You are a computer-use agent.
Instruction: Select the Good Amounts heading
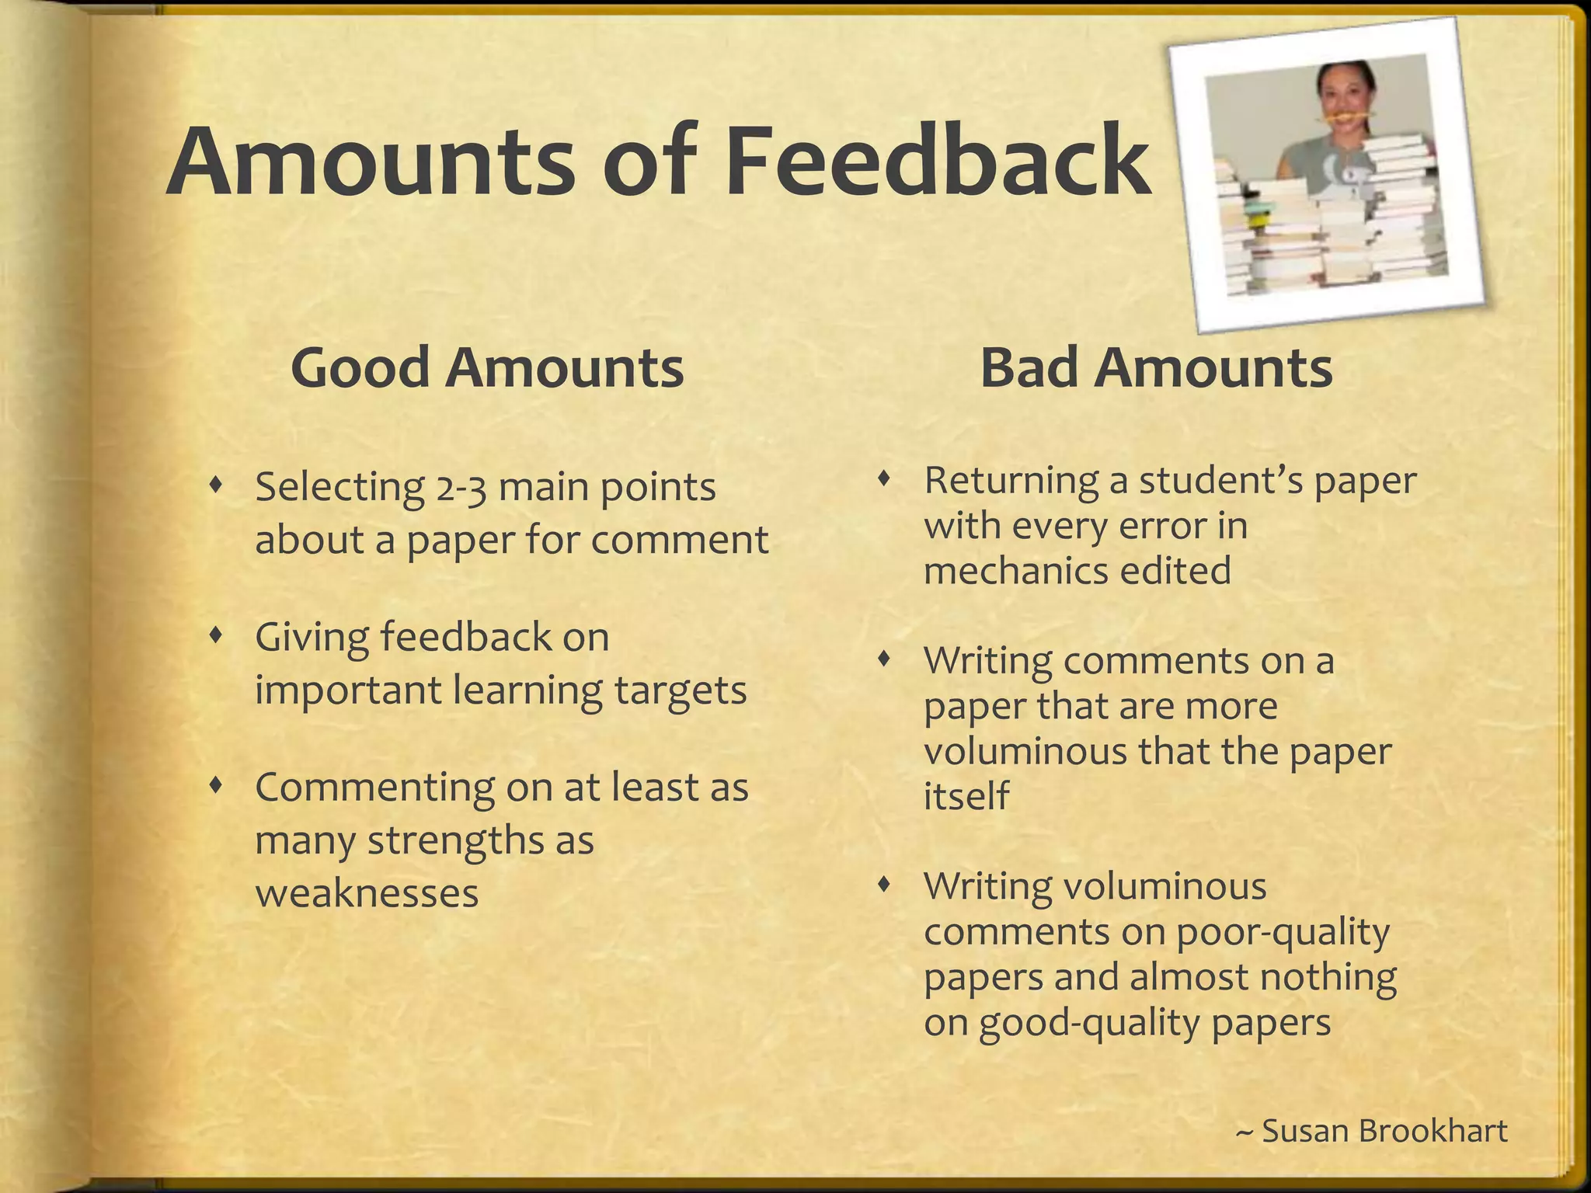point(487,367)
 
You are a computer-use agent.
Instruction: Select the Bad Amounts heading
point(1156,367)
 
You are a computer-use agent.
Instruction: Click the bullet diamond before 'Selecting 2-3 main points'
point(217,486)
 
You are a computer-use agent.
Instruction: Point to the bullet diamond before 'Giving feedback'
point(217,636)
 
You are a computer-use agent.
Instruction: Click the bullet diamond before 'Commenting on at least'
point(217,786)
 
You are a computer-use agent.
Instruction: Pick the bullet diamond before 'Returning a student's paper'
point(883,479)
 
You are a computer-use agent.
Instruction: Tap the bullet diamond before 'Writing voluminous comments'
point(883,885)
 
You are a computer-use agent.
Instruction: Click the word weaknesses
point(367,893)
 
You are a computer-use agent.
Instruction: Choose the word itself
point(966,796)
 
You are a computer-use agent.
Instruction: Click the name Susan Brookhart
point(1384,1130)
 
